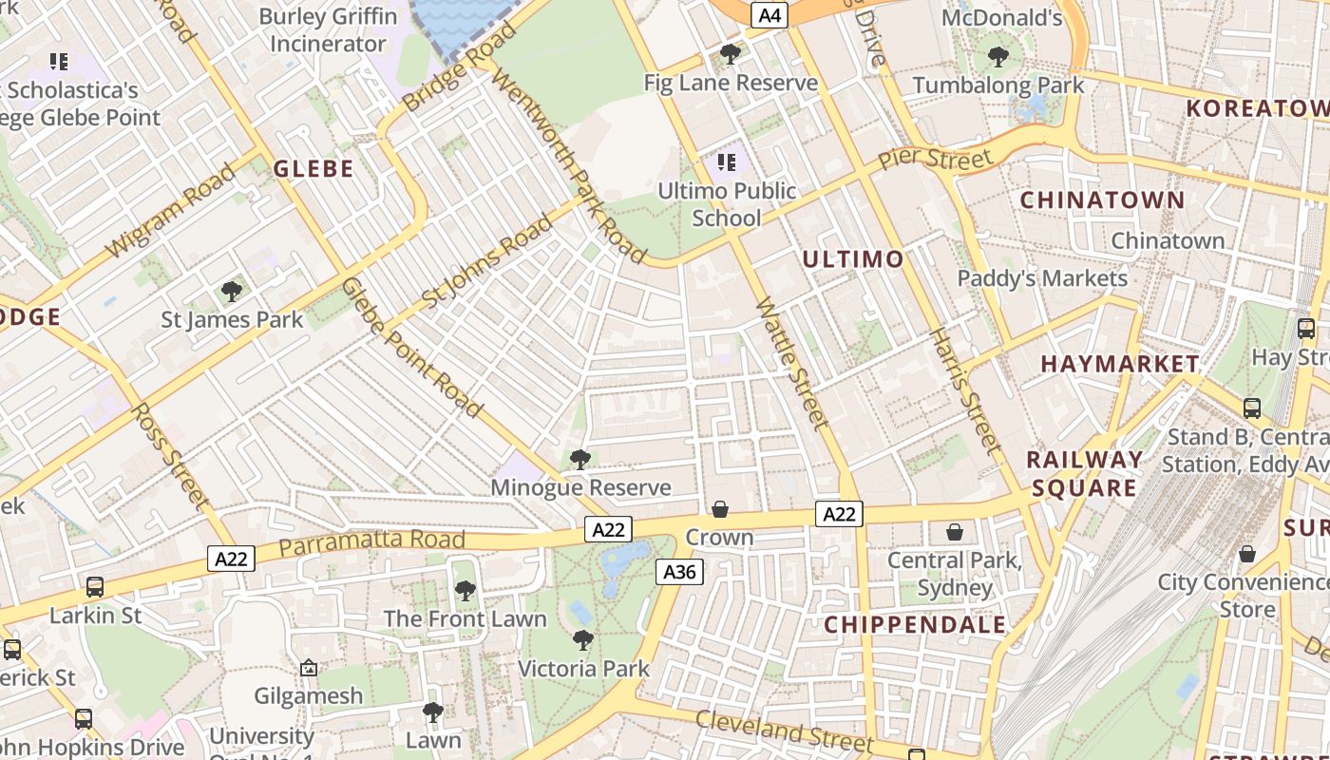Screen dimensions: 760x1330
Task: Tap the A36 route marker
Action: pos(679,571)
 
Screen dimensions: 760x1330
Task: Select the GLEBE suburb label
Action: pos(313,169)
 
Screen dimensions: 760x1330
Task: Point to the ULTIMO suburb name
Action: pos(853,259)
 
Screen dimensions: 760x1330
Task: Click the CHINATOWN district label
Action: pos(1102,200)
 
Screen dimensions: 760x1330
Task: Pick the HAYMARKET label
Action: pos(1120,364)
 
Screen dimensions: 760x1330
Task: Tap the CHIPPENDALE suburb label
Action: pos(915,624)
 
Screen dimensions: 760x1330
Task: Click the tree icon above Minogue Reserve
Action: pos(579,460)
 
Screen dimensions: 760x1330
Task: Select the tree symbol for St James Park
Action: pos(231,291)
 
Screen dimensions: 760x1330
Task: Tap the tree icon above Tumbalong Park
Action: pos(997,56)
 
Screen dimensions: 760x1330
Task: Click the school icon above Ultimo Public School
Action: pos(727,162)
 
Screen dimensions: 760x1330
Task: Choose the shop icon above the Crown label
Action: pos(720,510)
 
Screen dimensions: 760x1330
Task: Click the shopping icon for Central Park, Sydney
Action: pos(955,532)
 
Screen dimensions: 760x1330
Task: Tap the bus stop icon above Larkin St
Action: pos(95,587)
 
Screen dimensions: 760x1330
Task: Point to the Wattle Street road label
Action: pos(792,363)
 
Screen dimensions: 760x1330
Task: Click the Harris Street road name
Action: pos(964,390)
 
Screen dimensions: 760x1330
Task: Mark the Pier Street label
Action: pos(935,158)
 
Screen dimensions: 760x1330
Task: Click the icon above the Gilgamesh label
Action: pos(309,669)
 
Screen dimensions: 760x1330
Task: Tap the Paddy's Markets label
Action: pos(1042,278)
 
